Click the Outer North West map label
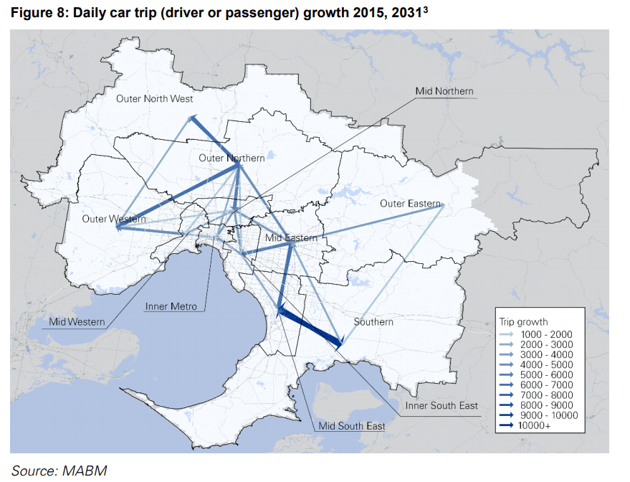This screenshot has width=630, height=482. (154, 98)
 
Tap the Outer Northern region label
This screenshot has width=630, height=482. (232, 158)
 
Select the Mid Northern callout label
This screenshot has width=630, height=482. (444, 91)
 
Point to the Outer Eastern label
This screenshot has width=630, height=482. (410, 204)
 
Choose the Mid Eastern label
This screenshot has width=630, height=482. (291, 237)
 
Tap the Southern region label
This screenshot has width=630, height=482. (373, 322)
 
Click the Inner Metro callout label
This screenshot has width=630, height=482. (171, 306)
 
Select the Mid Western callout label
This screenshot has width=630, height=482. (77, 322)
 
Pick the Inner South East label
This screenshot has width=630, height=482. (442, 406)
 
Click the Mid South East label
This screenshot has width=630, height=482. (352, 426)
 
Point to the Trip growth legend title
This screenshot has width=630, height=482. (523, 322)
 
